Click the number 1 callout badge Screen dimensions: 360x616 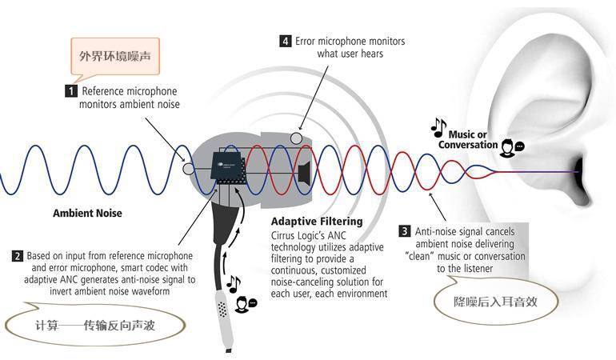72,91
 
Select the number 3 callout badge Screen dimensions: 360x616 405,231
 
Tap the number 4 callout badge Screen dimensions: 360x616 286,41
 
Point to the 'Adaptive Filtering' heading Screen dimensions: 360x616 317,221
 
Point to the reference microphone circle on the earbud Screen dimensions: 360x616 188,169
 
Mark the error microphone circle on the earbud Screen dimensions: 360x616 297,139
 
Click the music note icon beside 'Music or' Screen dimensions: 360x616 438,126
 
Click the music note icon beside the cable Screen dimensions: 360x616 233,283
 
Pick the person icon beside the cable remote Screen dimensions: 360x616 244,305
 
